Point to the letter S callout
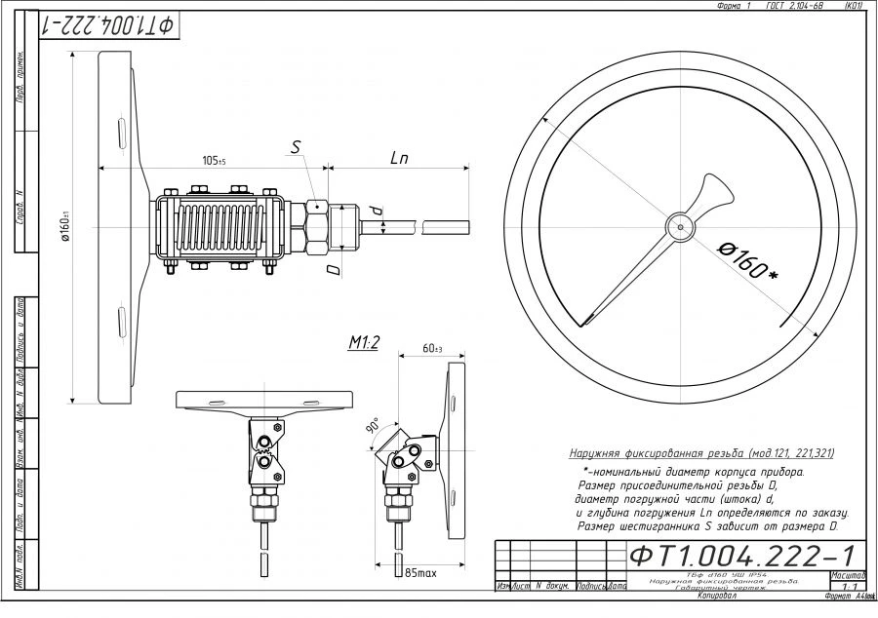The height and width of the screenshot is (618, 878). pos(297,147)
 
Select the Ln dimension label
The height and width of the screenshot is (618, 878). pos(399,157)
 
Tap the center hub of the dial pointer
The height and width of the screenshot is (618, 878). pos(680,226)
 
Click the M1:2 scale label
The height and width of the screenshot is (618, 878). pos(364,342)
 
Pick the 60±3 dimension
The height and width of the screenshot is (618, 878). pos(431,349)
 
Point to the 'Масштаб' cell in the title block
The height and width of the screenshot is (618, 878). pos(845,576)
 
